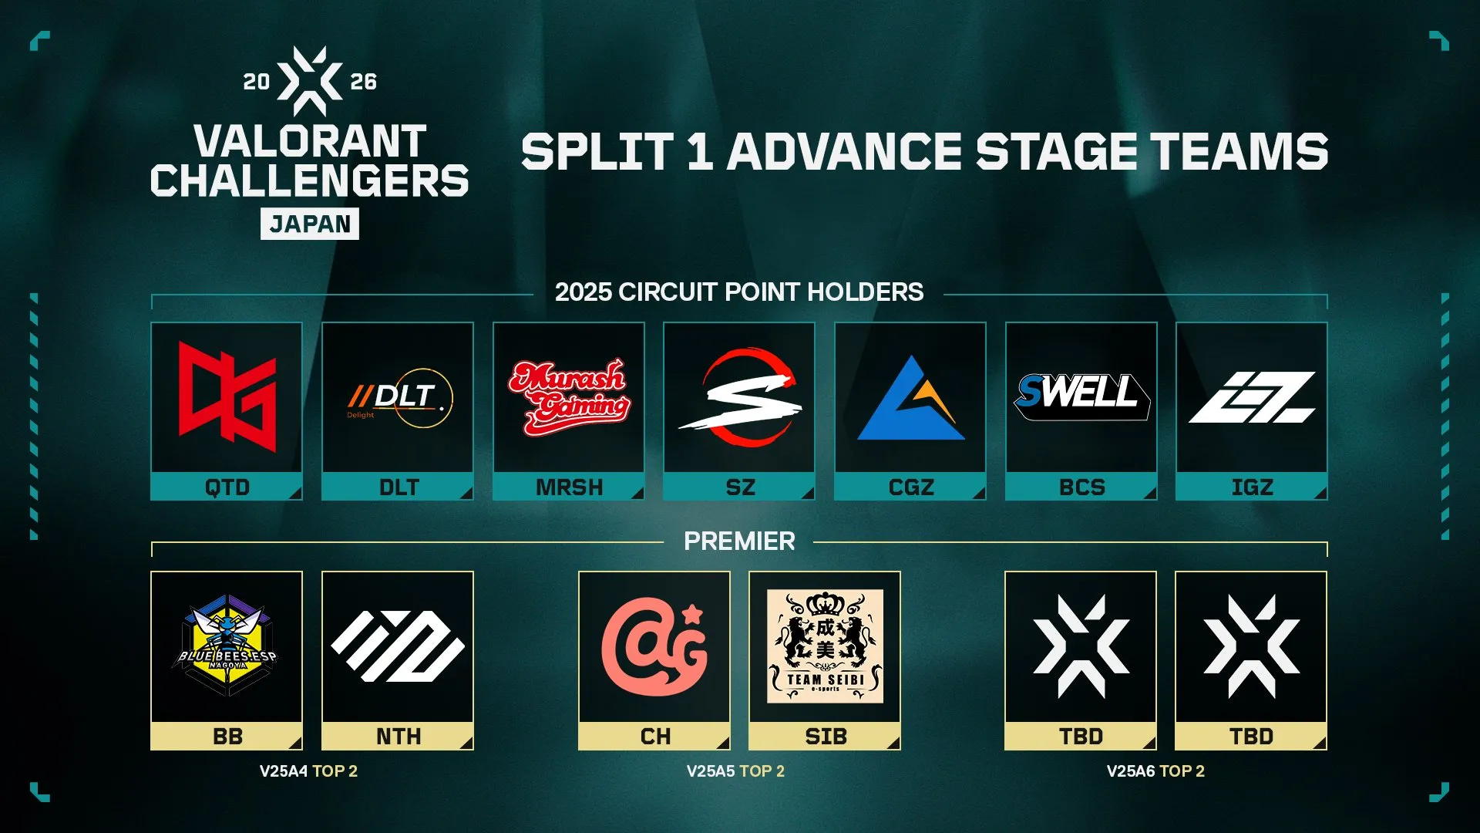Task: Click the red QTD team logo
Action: click(x=227, y=396)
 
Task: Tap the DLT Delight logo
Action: click(x=399, y=398)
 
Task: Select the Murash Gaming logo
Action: click(x=569, y=397)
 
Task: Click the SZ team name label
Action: click(x=740, y=487)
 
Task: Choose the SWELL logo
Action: click(x=1081, y=396)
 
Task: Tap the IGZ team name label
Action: click(x=1252, y=487)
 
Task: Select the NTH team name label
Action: click(x=399, y=737)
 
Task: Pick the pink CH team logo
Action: click(x=654, y=646)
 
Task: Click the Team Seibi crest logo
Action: click(x=825, y=646)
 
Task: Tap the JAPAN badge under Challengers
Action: click(x=310, y=224)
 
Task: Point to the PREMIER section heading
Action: click(x=739, y=541)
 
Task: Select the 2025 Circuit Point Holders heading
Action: click(x=739, y=292)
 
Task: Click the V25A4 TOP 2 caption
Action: click(x=308, y=771)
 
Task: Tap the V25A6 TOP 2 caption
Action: click(x=1155, y=771)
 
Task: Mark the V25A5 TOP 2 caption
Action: click(x=735, y=771)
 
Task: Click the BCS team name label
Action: click(x=1081, y=487)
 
